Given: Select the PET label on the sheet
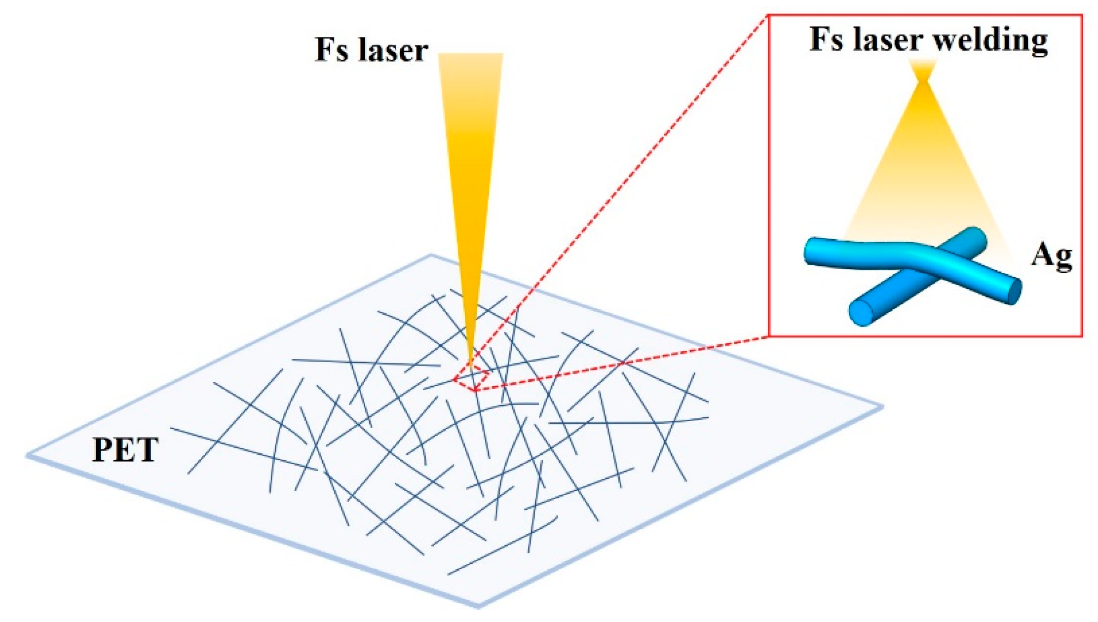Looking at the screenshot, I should (125, 450).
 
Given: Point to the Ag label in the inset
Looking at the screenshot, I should (1051, 256).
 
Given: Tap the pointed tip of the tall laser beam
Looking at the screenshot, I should (471, 367).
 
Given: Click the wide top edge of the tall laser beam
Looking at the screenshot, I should (470, 55).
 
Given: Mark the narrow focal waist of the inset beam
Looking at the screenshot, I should (924, 80).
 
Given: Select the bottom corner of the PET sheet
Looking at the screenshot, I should (478, 606).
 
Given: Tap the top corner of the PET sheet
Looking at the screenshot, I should (431, 256).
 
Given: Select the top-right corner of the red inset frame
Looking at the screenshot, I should (1082, 15).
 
